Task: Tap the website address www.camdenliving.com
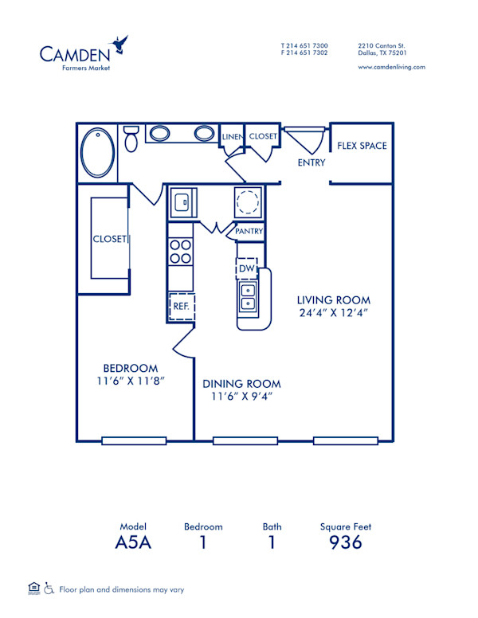point(391,67)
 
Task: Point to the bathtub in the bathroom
point(98,152)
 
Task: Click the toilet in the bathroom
point(132,139)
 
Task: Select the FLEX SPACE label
point(361,146)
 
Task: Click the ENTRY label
point(311,163)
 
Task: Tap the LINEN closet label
point(232,137)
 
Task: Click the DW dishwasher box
point(246,268)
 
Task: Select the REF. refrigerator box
point(181,306)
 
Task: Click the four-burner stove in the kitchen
point(181,252)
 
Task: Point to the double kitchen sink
point(248,296)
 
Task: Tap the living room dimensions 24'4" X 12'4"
point(334,313)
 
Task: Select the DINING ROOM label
point(241,383)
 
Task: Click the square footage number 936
point(346,543)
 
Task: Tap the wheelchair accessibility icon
point(49,589)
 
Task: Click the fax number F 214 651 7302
point(304,53)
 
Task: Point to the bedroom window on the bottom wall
point(134,440)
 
